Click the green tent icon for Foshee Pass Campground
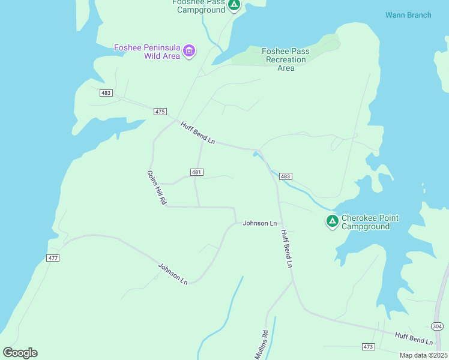pyautogui.click(x=234, y=5)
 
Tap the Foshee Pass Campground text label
pyautogui.click(x=199, y=7)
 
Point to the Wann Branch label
pyautogui.click(x=408, y=15)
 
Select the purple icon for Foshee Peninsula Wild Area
pyautogui.click(x=189, y=51)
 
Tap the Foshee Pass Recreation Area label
pyautogui.click(x=286, y=59)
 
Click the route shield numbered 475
pyautogui.click(x=160, y=112)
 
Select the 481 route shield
pyautogui.click(x=197, y=172)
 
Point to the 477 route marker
pyautogui.click(x=53, y=258)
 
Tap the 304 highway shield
pyautogui.click(x=438, y=326)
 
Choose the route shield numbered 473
pyautogui.click(x=369, y=347)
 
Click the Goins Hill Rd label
pyautogui.click(x=156, y=188)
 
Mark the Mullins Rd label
pyautogui.click(x=261, y=344)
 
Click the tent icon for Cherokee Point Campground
pyautogui.click(x=332, y=221)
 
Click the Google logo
pyautogui.click(x=20, y=352)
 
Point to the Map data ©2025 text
pyautogui.click(x=423, y=355)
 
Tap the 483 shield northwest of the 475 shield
pyautogui.click(x=106, y=93)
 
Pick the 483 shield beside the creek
pyautogui.click(x=286, y=176)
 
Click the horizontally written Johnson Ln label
pyautogui.click(x=260, y=223)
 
